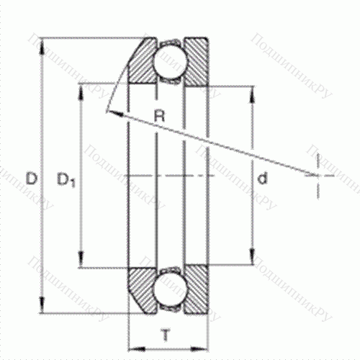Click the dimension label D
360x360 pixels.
30,176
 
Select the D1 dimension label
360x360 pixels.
66,178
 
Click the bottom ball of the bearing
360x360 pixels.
169,286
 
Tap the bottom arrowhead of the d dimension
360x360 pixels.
251,262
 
